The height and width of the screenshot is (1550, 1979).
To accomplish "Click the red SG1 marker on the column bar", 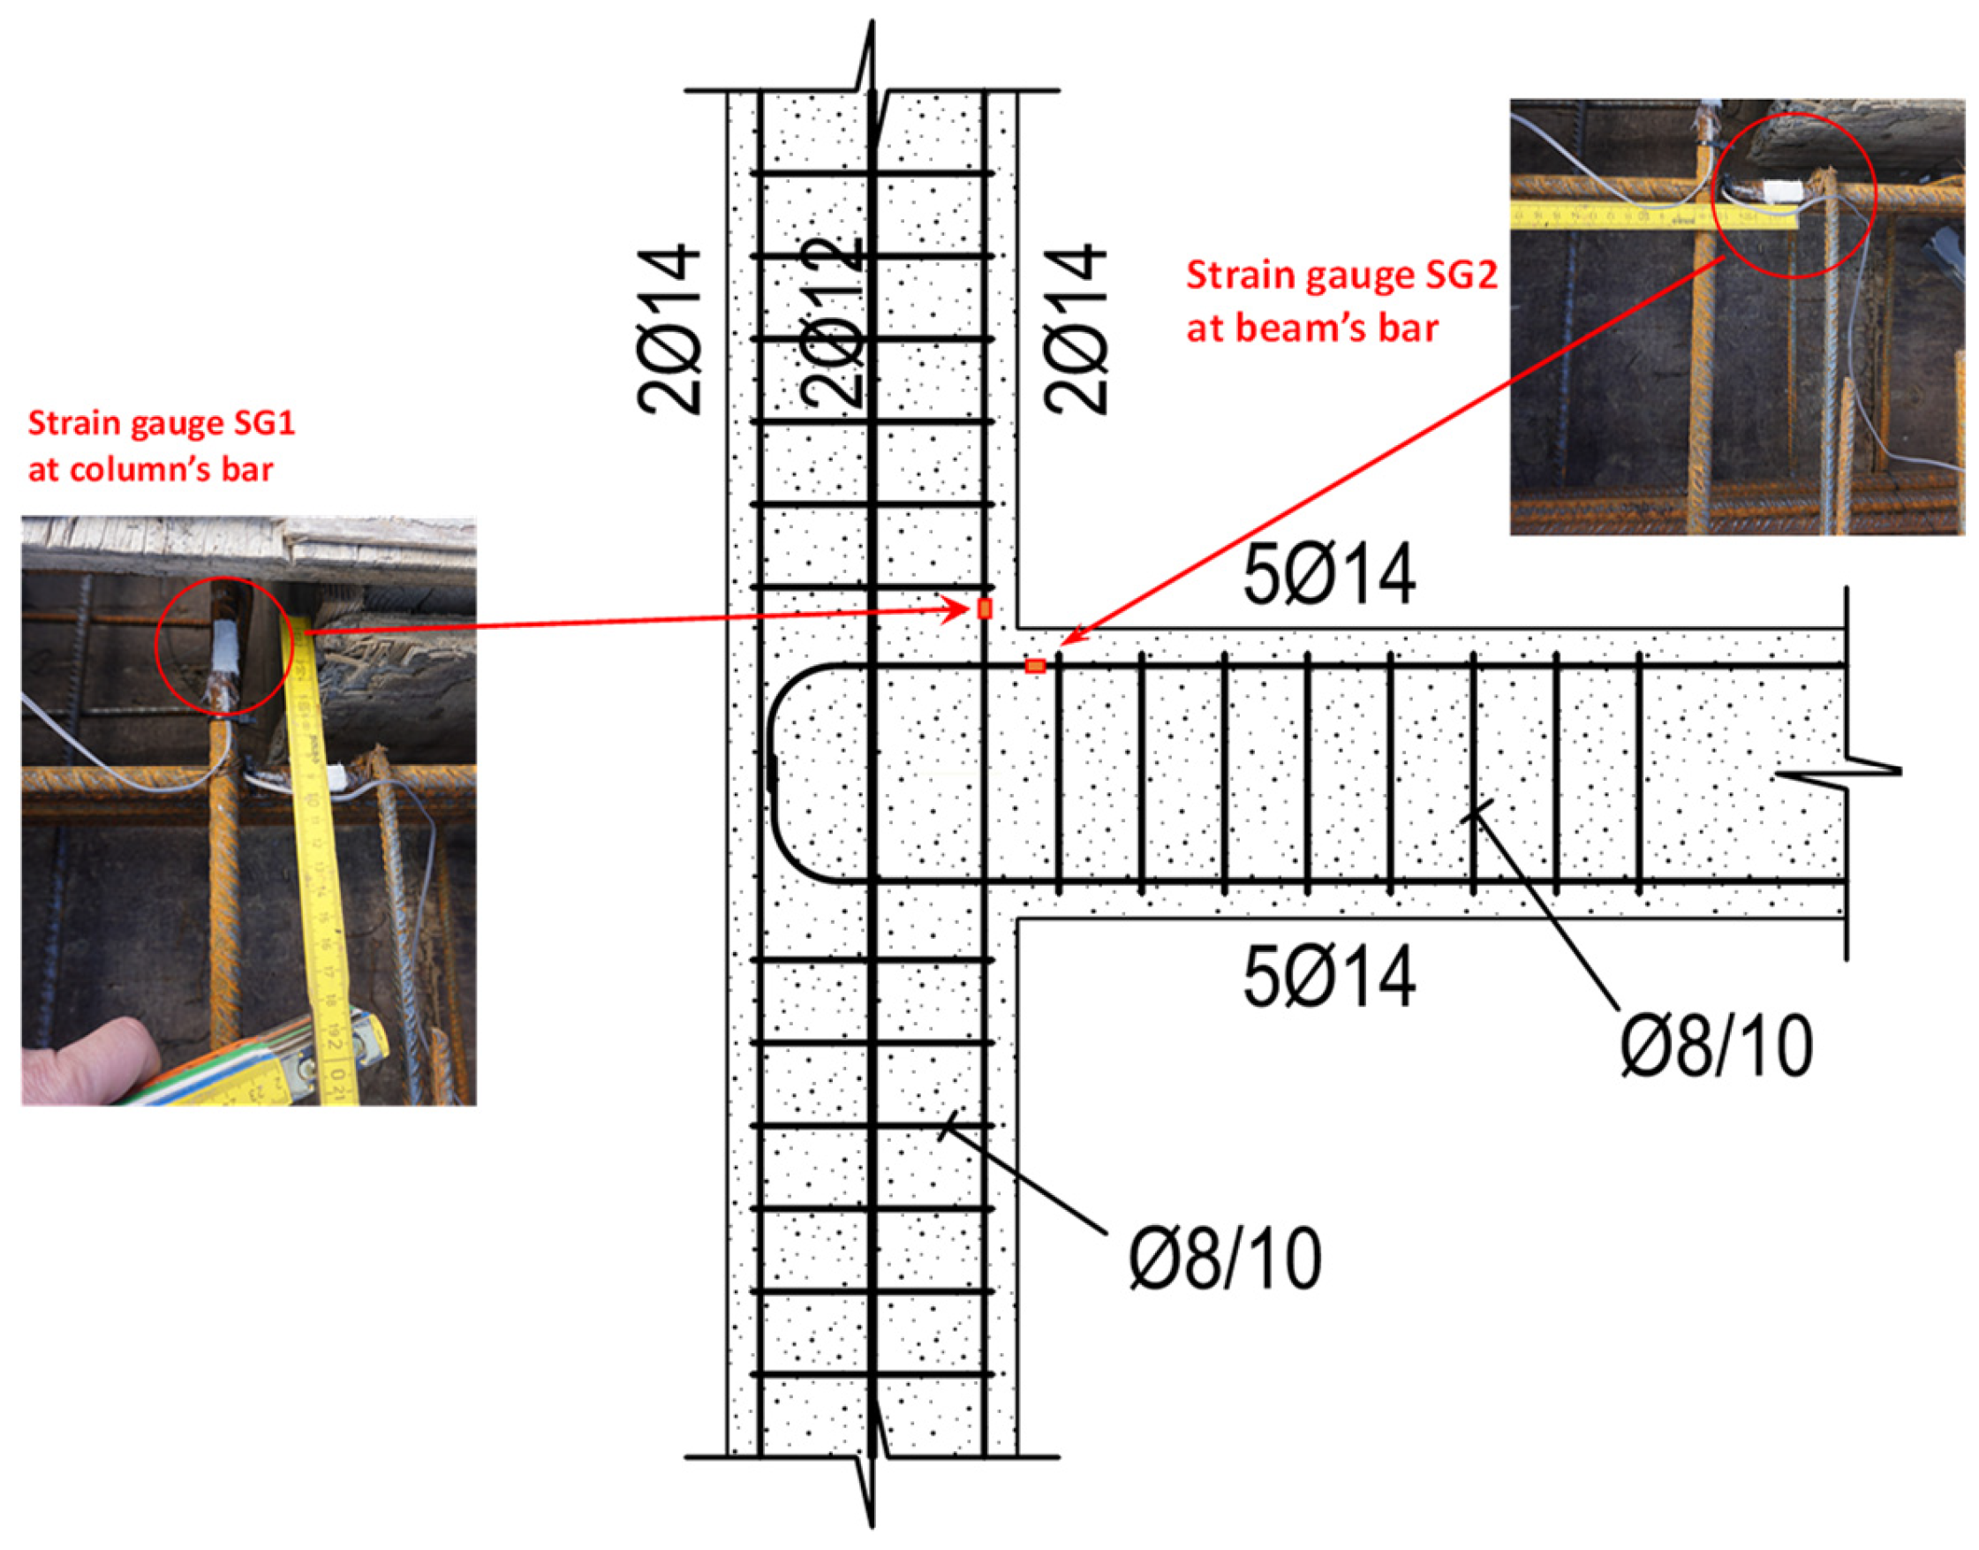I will pyautogui.click(x=985, y=609).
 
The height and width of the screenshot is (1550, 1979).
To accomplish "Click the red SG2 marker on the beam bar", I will pyautogui.click(x=1034, y=666).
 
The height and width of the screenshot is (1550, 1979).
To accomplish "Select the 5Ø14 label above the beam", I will pyautogui.click(x=1328, y=574).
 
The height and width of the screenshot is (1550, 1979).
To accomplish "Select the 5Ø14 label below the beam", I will pyautogui.click(x=1328, y=977).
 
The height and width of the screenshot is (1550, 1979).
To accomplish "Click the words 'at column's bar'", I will pyautogui.click(x=151, y=469).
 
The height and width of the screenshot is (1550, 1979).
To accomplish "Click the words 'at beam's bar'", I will pyautogui.click(x=1312, y=327).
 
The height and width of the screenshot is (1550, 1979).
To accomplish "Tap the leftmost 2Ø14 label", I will pyautogui.click(x=669, y=329).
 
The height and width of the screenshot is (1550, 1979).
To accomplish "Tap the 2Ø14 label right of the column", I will pyautogui.click(x=1076, y=329).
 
